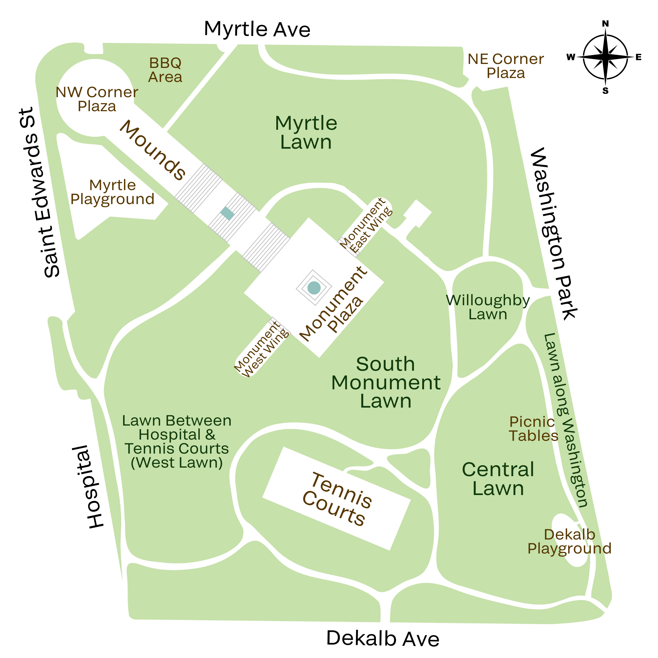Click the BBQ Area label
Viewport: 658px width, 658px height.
(x=165, y=70)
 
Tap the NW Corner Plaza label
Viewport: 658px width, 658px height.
(x=97, y=99)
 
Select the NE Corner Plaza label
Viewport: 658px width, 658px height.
(x=505, y=66)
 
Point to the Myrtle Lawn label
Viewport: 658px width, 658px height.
(x=306, y=133)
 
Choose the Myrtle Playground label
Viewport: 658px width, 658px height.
(x=112, y=192)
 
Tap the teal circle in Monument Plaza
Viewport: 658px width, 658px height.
(x=314, y=288)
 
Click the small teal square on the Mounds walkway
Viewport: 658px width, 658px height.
(x=227, y=214)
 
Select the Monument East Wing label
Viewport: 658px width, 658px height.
(x=366, y=226)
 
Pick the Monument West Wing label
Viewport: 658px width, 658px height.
(x=262, y=349)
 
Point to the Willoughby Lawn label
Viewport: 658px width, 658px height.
(x=488, y=307)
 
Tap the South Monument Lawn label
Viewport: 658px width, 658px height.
(x=386, y=383)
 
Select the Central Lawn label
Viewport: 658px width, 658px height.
(x=498, y=479)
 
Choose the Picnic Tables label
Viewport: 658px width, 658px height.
(x=533, y=429)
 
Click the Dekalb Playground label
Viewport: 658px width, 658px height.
(x=569, y=541)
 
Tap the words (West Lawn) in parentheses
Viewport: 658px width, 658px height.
(x=177, y=462)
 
